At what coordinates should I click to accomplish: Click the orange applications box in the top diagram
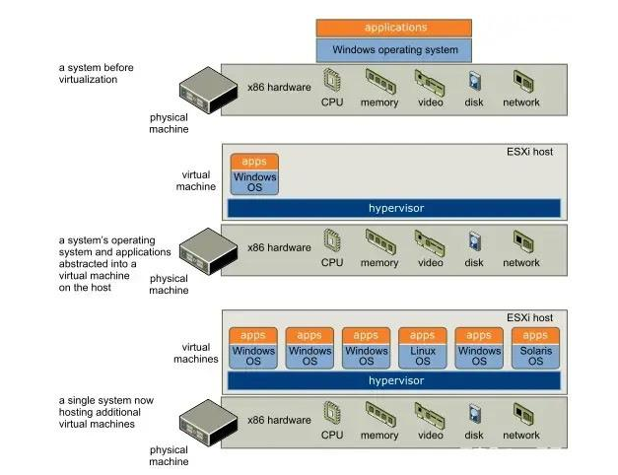click(x=393, y=28)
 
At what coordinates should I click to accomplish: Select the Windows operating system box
click(x=393, y=49)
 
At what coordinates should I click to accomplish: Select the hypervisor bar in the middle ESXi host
click(x=393, y=208)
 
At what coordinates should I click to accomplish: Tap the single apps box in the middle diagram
click(x=254, y=161)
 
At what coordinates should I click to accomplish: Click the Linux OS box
click(x=422, y=356)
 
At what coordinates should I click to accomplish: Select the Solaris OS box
click(x=535, y=356)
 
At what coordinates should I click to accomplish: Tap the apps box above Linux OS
click(x=422, y=335)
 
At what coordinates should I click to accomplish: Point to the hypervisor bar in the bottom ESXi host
click(x=393, y=379)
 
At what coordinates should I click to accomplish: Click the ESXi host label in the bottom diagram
click(x=529, y=318)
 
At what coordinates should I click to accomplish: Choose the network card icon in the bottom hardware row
click(x=521, y=414)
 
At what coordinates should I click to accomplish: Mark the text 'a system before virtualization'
click(x=96, y=74)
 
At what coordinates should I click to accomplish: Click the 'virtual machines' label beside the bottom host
click(x=200, y=353)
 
